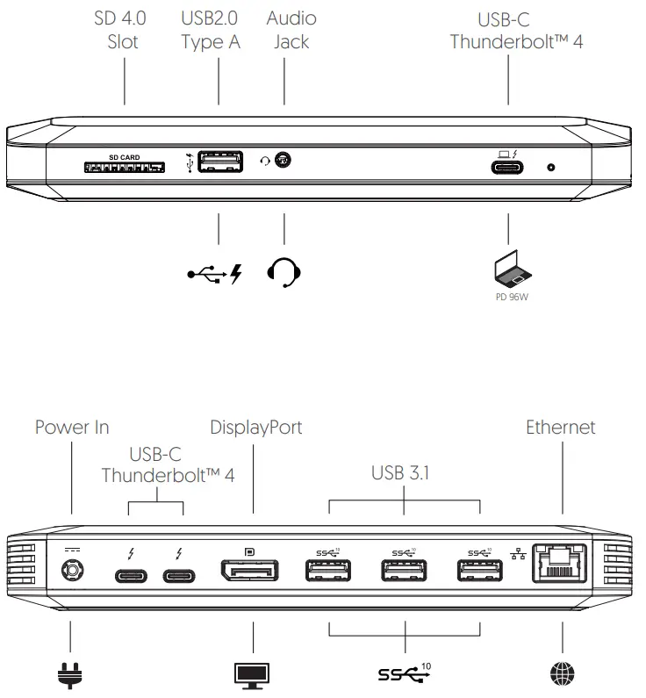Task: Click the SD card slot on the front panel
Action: click(x=125, y=165)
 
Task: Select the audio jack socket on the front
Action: click(x=283, y=161)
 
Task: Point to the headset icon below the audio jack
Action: click(x=284, y=273)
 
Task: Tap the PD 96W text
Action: click(x=508, y=297)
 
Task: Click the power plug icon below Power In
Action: click(x=70, y=673)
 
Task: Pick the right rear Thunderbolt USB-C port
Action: click(x=179, y=577)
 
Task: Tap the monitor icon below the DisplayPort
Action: click(x=252, y=673)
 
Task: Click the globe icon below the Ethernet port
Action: click(x=562, y=673)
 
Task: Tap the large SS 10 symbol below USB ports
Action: click(x=405, y=673)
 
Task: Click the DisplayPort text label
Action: click(x=255, y=428)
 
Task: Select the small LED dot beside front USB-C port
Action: click(x=550, y=167)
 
